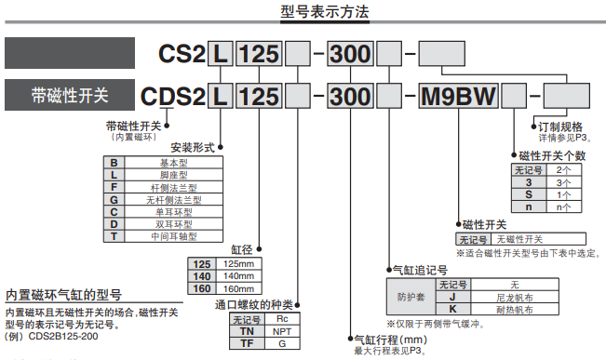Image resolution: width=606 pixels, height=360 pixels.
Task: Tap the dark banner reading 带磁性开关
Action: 69,95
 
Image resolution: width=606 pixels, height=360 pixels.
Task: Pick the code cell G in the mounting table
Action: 113,199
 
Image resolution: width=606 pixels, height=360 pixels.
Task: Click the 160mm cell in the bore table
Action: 240,289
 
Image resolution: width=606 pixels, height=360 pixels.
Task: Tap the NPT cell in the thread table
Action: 280,331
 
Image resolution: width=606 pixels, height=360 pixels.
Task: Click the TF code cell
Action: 246,343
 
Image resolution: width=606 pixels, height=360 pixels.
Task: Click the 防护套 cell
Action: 411,296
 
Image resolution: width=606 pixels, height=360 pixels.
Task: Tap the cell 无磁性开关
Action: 526,239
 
